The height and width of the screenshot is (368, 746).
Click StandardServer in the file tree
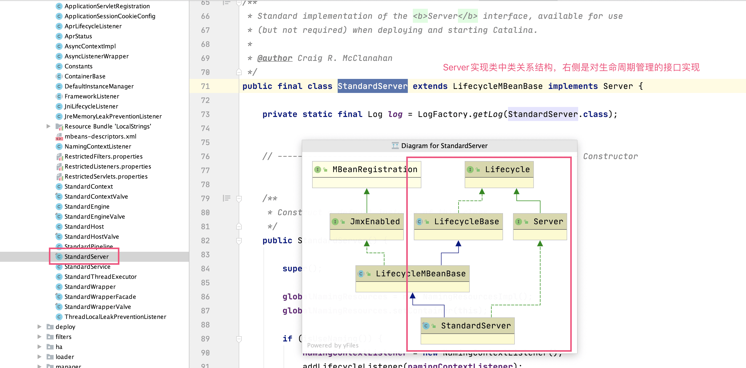point(86,257)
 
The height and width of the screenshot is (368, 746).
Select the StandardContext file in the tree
point(88,186)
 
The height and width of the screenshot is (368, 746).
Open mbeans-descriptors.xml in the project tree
point(100,136)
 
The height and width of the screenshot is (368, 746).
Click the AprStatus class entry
point(78,36)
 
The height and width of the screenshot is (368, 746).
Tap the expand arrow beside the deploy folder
point(39,327)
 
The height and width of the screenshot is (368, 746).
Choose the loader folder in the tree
point(65,357)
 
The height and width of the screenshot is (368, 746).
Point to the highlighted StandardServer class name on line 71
point(372,86)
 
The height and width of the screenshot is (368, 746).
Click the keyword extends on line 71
point(430,86)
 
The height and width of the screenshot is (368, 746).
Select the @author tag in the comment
point(275,58)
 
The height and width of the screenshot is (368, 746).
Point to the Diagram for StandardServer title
point(444,146)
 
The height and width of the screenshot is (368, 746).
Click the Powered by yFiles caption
point(332,345)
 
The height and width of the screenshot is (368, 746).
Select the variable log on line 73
point(395,114)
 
